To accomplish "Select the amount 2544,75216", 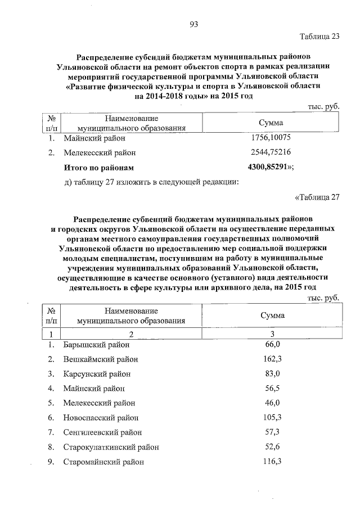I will (x=271, y=152).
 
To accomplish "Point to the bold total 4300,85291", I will (x=269, y=167).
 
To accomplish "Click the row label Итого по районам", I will (x=100, y=168).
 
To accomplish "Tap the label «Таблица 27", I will (x=318, y=197).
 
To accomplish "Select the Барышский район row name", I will (x=96, y=345).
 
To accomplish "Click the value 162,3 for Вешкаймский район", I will (x=271, y=359).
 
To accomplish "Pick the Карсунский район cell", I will (x=96, y=373).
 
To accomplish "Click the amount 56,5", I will (x=271, y=388).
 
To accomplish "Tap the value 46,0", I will (x=271, y=403).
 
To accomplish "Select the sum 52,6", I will (x=271, y=447).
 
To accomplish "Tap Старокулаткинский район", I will (x=111, y=447).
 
